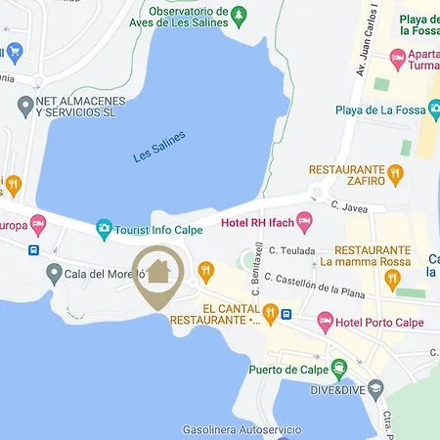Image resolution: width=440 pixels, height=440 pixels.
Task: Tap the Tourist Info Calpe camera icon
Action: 104,229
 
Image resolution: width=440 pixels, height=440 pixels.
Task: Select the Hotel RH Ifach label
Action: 257,222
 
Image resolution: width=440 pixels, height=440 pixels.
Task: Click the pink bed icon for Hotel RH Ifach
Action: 304,222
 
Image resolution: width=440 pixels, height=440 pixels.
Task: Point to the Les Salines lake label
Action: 158,146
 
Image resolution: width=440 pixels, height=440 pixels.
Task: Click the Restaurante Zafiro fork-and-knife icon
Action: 395,174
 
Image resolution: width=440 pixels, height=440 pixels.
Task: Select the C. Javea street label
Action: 347,205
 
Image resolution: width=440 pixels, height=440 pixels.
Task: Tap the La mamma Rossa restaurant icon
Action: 392,280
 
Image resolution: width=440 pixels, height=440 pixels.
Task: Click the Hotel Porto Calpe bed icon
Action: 325,322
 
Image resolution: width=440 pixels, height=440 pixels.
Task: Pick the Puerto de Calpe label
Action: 287,369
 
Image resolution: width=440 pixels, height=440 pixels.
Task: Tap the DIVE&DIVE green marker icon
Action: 339,369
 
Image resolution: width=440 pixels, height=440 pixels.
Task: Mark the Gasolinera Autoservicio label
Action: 242,429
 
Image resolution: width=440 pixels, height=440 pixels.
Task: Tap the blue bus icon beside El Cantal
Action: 285,313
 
